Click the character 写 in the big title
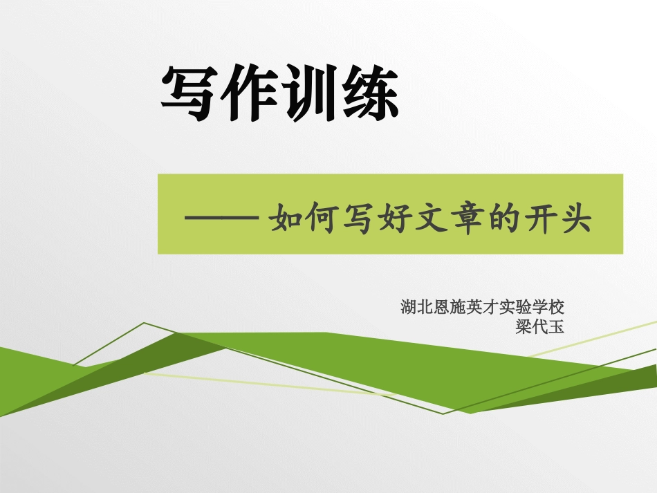(189, 95)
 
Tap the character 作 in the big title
(250, 95)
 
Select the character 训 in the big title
(309, 95)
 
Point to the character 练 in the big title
(369, 95)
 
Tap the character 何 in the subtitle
(328, 218)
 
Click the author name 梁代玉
(540, 327)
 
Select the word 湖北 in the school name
(417, 306)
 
